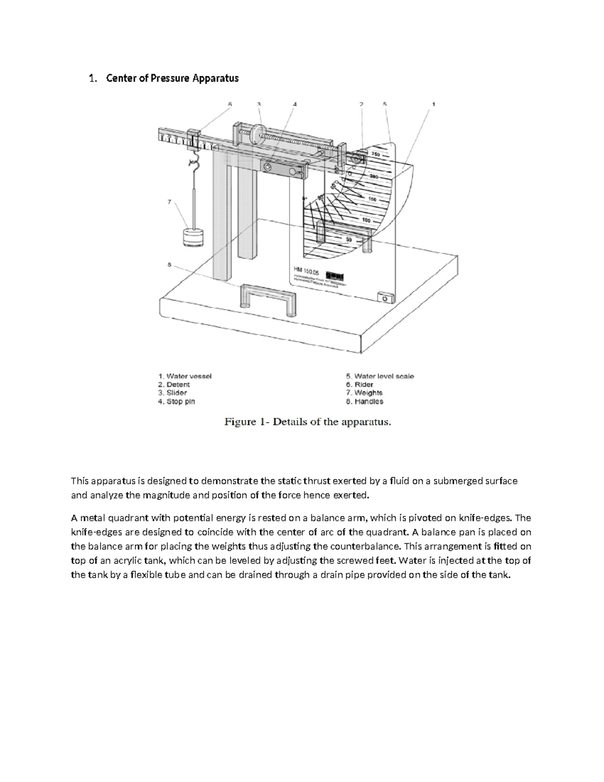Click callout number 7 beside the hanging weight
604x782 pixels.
(x=169, y=202)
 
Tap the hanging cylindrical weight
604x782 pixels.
(x=193, y=237)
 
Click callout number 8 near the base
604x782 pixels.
(x=169, y=264)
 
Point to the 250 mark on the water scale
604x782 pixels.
(x=376, y=154)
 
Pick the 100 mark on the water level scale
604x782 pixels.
(x=366, y=220)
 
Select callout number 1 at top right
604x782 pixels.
(x=433, y=104)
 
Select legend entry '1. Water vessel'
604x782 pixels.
(x=185, y=376)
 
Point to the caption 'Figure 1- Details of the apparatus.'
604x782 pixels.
(x=307, y=422)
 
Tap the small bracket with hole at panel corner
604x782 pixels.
(x=384, y=299)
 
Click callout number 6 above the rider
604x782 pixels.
(x=230, y=104)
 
